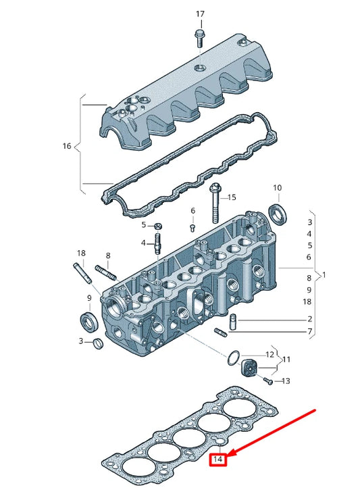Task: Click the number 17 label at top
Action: click(x=199, y=14)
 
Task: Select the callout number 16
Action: click(x=66, y=145)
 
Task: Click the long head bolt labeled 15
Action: click(x=215, y=202)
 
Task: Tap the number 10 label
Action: click(x=277, y=187)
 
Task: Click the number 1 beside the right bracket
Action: click(x=324, y=275)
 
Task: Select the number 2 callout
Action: click(x=309, y=319)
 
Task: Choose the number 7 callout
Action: click(x=309, y=332)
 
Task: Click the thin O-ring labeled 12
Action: click(x=233, y=356)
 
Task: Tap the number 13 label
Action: click(x=286, y=381)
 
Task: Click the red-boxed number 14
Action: click(x=217, y=460)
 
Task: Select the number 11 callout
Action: click(x=286, y=360)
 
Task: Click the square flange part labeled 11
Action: click(x=250, y=368)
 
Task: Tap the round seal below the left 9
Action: click(x=88, y=319)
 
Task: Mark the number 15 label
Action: click(x=231, y=197)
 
